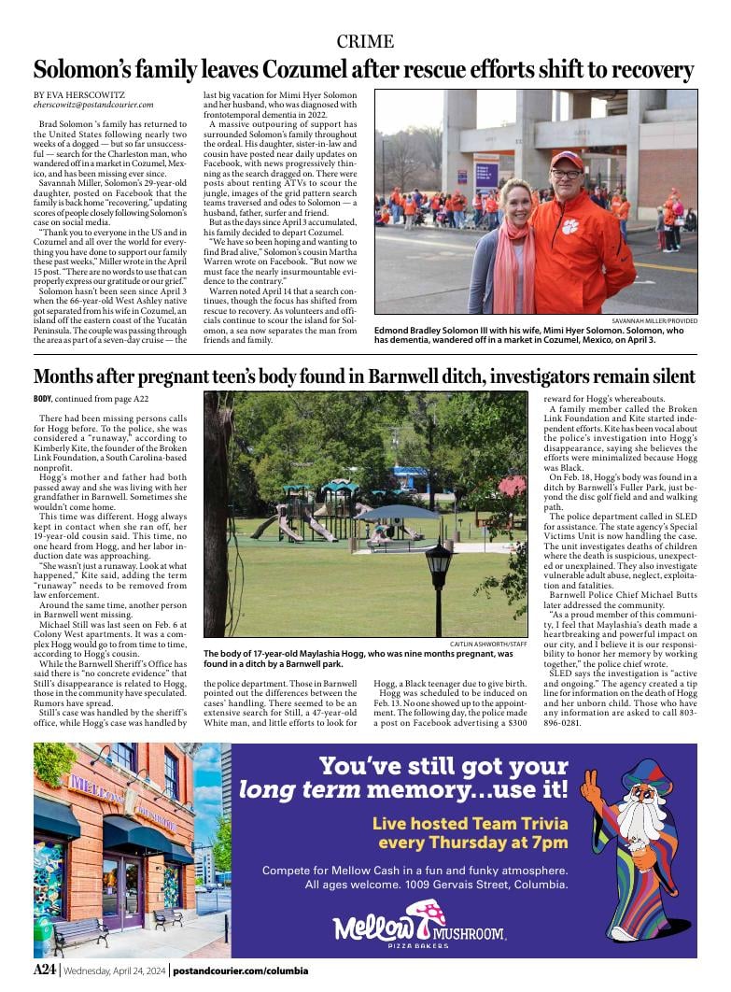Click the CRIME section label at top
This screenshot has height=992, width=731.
click(x=365, y=41)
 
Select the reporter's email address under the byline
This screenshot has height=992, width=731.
click(x=93, y=106)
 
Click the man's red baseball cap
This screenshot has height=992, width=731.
click(x=567, y=160)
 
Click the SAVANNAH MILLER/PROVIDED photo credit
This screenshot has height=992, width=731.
click(x=648, y=320)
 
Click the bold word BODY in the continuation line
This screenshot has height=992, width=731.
click(x=44, y=399)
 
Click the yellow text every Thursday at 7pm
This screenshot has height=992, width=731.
click(x=472, y=842)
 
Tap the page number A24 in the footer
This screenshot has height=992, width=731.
click(x=46, y=970)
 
